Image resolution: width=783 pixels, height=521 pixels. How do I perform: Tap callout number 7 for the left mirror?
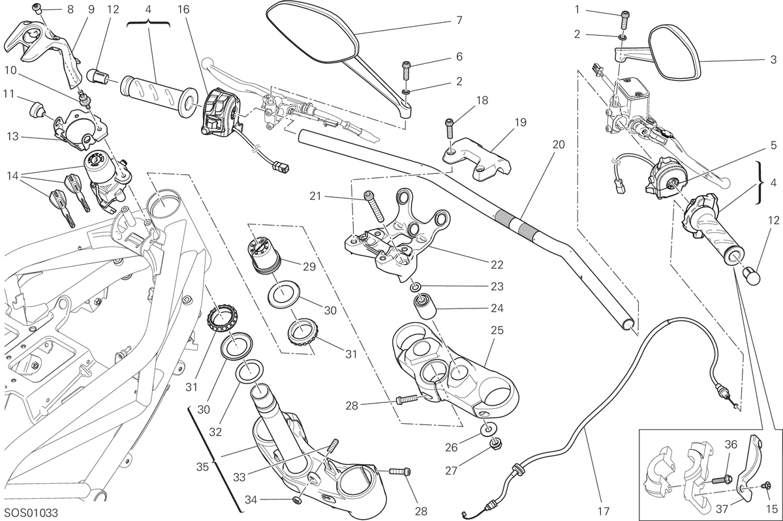459,20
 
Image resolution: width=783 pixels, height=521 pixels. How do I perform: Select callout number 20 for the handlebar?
559,144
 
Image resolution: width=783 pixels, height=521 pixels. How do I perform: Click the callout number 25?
497,330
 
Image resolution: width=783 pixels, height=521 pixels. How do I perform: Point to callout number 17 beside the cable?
604,511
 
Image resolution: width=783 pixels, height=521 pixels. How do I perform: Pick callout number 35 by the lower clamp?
202,467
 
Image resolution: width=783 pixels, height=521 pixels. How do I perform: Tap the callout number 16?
183,9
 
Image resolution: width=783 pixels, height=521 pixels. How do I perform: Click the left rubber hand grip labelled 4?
159,98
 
